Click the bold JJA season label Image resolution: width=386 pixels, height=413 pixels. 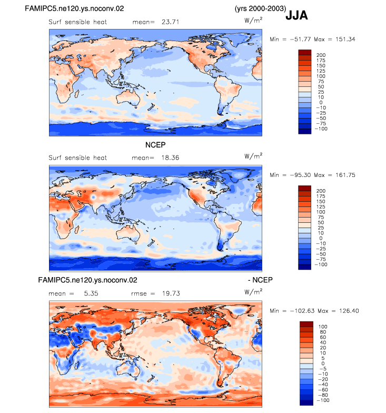pos(296,16)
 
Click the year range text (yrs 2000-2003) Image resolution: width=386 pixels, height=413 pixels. pos(260,8)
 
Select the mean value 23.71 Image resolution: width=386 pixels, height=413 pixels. pos(171,22)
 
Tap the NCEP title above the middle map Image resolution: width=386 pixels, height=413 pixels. pos(155,145)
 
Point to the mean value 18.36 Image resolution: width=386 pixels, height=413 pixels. pos(170,158)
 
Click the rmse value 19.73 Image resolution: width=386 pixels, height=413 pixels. pos(171,293)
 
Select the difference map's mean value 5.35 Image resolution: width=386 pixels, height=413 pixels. pos(91,293)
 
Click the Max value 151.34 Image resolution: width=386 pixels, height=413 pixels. pos(345,39)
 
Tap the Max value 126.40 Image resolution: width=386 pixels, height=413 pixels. pos(349,311)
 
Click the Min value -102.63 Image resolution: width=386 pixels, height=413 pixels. pos(302,311)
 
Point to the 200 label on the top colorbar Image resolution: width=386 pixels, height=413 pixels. pos(321,55)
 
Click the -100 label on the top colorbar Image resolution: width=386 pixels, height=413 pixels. pos(321,129)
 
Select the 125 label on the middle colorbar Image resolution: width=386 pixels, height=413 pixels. pos(321,206)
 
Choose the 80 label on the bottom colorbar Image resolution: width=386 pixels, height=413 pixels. pos(323,332)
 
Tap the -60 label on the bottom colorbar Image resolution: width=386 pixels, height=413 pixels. pos(322,390)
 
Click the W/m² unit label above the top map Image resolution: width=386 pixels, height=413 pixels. pos(253,20)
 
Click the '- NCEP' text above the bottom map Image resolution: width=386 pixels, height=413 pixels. pos(260,280)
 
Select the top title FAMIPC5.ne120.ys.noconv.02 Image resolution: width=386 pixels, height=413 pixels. pos(74,8)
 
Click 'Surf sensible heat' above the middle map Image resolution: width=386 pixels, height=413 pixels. pos(78,158)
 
